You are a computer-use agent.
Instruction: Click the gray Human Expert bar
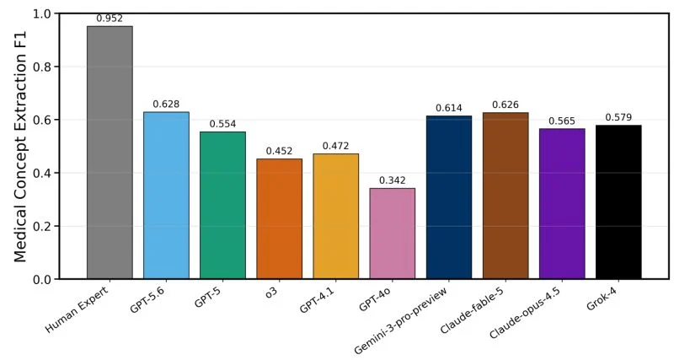pyautogui.click(x=110, y=153)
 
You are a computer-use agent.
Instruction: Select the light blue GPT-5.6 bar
pyautogui.click(x=166, y=196)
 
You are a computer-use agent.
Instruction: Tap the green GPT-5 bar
pyautogui.click(x=222, y=206)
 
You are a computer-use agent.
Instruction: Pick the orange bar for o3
pyautogui.click(x=280, y=219)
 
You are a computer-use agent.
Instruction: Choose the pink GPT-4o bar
pyautogui.click(x=393, y=234)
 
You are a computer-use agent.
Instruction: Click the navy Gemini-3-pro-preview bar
pyautogui.click(x=449, y=197)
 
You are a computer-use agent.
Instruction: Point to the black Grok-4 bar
pyautogui.click(x=618, y=202)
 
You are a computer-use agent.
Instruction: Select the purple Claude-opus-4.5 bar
pyautogui.click(x=562, y=204)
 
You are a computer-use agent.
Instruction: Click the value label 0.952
pyautogui.click(x=110, y=19)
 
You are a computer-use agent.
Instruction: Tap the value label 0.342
pyautogui.click(x=393, y=180)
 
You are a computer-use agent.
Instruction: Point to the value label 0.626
pyautogui.click(x=505, y=105)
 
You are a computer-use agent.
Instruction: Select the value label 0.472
pyautogui.click(x=335, y=146)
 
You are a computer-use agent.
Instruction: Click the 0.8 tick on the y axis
pyautogui.click(x=42, y=67)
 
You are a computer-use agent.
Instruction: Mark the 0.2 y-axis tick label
pyautogui.click(x=42, y=226)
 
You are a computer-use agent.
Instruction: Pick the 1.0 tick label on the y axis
pyautogui.click(x=42, y=13)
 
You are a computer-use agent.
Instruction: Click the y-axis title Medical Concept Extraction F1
pyautogui.click(x=20, y=146)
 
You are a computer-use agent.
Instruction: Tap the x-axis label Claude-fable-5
pyautogui.click(x=472, y=309)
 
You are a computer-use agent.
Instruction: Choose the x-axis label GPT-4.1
pyautogui.click(x=317, y=300)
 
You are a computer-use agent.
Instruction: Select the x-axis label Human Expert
pyautogui.click(x=77, y=309)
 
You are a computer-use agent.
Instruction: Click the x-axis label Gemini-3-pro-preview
pyautogui.click(x=401, y=320)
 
